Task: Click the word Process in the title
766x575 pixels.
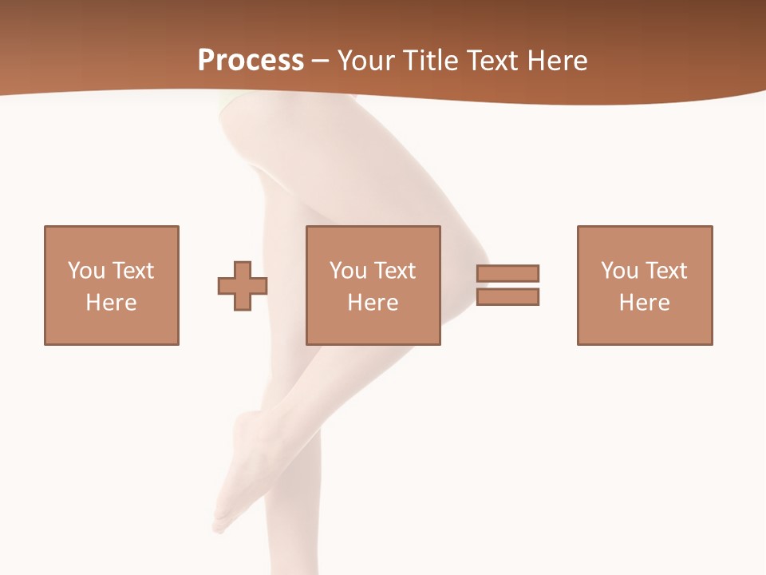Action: click(x=251, y=61)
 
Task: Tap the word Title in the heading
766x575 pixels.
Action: click(x=429, y=61)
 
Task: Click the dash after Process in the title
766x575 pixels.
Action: click(x=321, y=61)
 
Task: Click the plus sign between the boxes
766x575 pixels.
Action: click(x=243, y=286)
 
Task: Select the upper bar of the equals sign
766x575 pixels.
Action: click(x=508, y=273)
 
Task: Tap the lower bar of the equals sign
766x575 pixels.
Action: click(x=508, y=297)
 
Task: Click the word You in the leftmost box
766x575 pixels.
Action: click(x=86, y=271)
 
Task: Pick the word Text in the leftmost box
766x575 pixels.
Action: click(x=132, y=271)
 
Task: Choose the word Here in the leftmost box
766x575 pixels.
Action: click(x=111, y=303)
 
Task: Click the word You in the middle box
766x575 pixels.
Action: click(x=348, y=271)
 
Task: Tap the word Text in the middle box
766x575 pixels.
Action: click(x=394, y=271)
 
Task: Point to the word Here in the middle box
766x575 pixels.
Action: click(x=373, y=303)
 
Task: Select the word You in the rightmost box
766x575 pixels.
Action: click(x=619, y=271)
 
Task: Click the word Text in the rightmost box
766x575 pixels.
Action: click(x=665, y=271)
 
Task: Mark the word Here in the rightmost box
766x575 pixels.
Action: click(x=644, y=303)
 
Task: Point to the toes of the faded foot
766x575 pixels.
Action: click(x=219, y=525)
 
